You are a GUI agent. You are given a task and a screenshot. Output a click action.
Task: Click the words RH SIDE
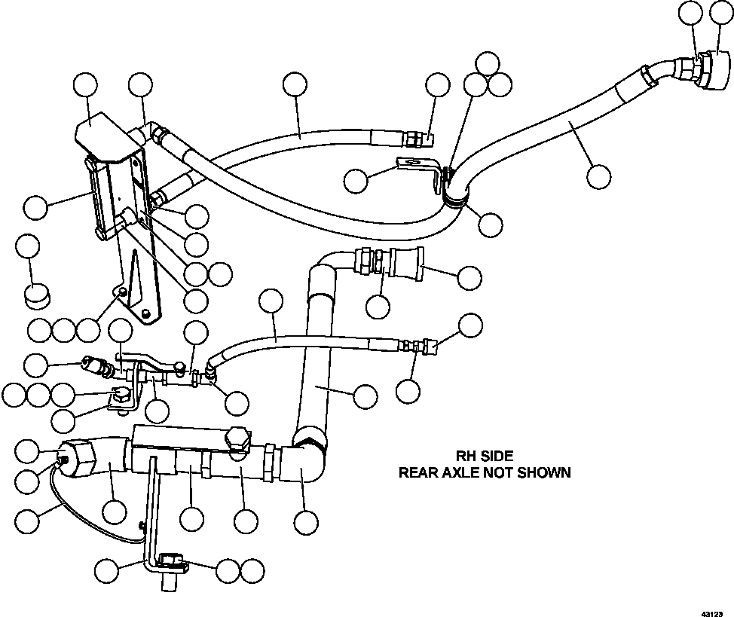[485, 456]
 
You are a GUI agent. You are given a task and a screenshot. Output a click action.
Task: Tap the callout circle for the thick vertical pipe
[365, 396]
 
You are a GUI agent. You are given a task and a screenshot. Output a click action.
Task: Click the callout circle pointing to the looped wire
[28, 520]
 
